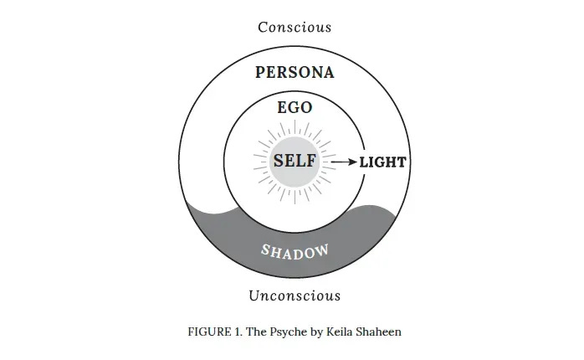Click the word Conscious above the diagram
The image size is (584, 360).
[x=295, y=27]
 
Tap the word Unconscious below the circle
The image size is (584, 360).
[x=295, y=296]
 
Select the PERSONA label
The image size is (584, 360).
[x=295, y=73]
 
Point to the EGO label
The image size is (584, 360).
[x=295, y=107]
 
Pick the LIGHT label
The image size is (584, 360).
[x=382, y=162]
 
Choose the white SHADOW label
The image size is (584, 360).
[x=294, y=250]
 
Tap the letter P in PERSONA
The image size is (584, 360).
[x=260, y=73]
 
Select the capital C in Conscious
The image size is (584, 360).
[x=263, y=27]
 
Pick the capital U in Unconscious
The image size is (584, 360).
[x=254, y=296]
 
